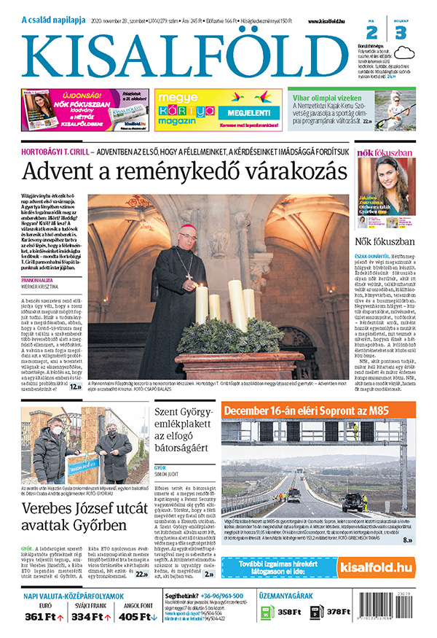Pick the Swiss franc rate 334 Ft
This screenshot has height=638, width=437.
coord(92,617)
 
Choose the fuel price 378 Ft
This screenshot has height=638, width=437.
coord(339,612)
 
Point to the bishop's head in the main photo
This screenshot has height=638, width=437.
coord(187,239)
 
